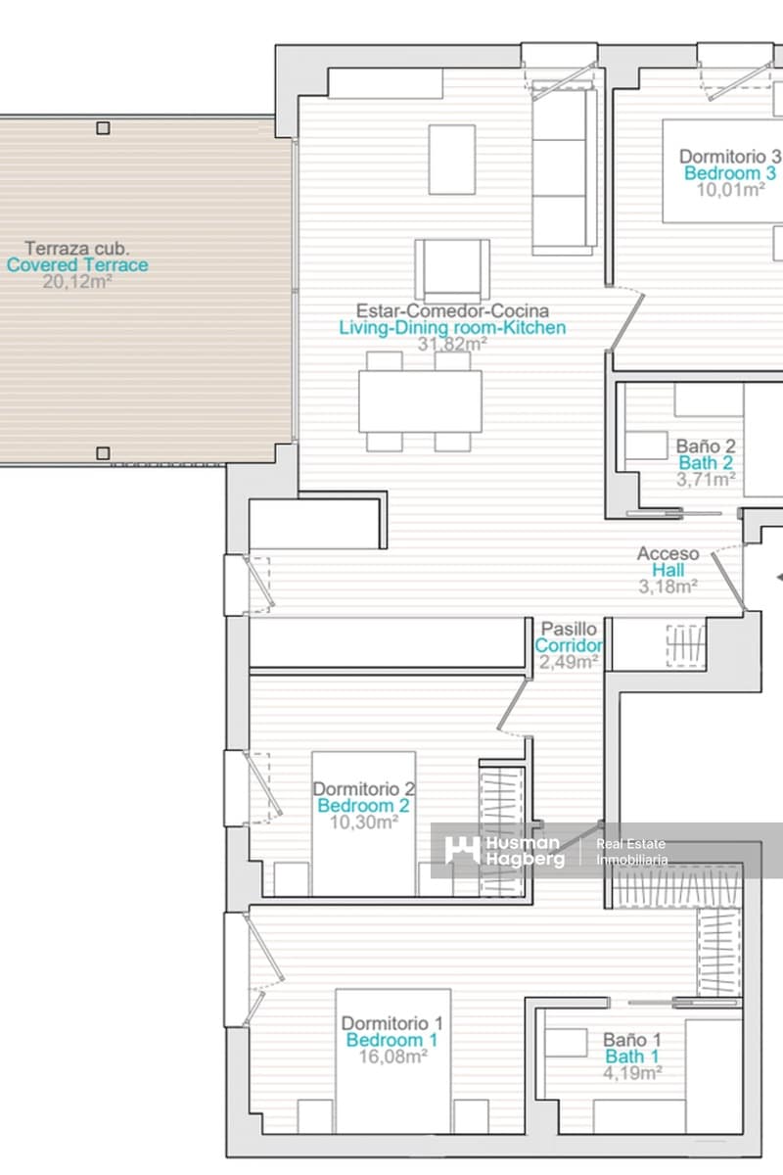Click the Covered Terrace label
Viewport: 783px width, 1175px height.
[x=77, y=265]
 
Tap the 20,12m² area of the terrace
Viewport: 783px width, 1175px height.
[x=77, y=282]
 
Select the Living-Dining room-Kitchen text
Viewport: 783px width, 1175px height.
[x=452, y=327]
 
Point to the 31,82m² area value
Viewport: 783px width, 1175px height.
[x=452, y=344]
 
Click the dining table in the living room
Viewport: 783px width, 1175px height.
[x=420, y=401]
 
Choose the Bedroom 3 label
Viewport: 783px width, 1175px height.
[x=730, y=173]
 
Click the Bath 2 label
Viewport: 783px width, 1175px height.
[x=706, y=462]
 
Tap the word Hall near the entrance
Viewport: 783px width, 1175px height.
[x=668, y=570]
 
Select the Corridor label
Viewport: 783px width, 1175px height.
[x=569, y=645]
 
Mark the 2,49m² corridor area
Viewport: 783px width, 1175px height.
[x=569, y=662]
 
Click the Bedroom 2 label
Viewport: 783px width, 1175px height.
[x=363, y=805]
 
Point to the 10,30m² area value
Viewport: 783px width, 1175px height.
[x=363, y=822]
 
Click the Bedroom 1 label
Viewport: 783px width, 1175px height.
[x=391, y=1040]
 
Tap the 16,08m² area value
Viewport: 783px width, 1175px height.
[x=392, y=1057]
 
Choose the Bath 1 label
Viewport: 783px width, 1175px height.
[x=632, y=1057]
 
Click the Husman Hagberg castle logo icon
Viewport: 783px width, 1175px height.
[x=462, y=850]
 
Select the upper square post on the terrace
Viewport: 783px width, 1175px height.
[x=104, y=128]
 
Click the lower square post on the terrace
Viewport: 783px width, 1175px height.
[x=104, y=453]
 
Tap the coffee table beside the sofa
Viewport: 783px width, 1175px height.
[x=452, y=160]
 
